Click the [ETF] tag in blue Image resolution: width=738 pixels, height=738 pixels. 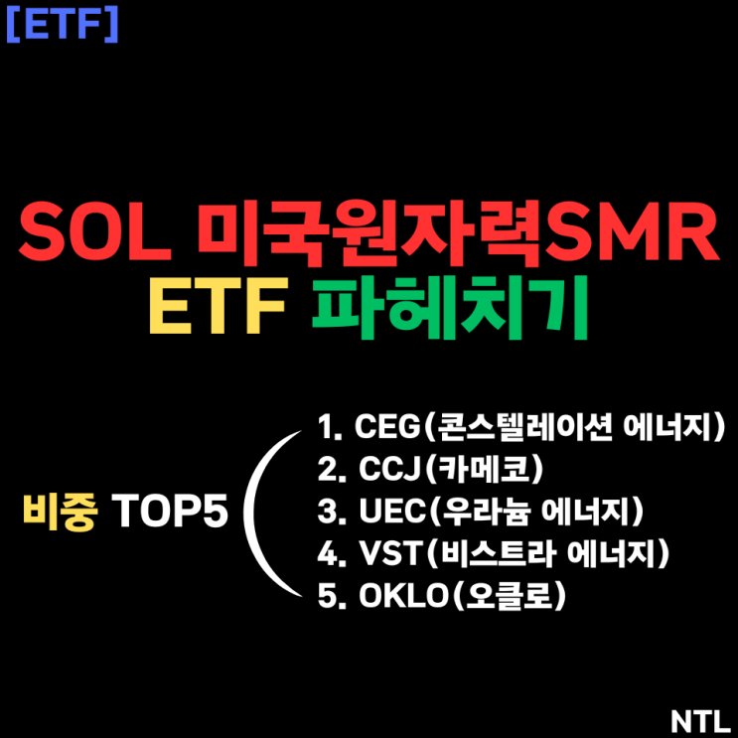pos(62,24)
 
